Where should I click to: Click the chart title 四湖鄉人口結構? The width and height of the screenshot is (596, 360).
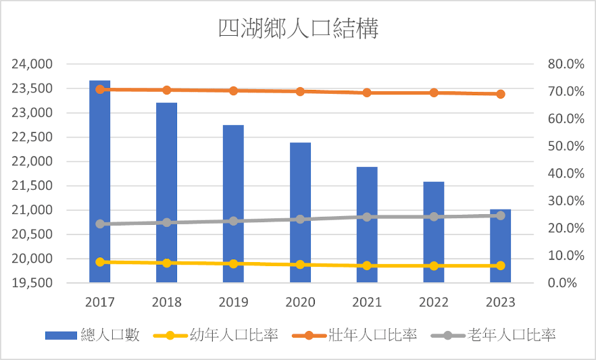298,29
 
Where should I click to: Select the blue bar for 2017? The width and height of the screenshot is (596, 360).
100,182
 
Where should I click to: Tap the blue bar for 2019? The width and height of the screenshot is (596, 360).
233,203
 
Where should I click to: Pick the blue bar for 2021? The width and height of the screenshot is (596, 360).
367,226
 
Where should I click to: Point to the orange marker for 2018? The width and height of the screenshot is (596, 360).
167,90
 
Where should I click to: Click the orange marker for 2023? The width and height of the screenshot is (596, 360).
501,94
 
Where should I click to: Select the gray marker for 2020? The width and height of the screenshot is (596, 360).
300,220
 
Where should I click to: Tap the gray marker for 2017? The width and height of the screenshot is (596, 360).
100,224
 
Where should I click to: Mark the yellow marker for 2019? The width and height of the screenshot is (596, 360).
233,263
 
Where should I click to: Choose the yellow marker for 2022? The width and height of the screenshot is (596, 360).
434,265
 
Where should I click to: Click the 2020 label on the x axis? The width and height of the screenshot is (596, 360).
300,302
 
